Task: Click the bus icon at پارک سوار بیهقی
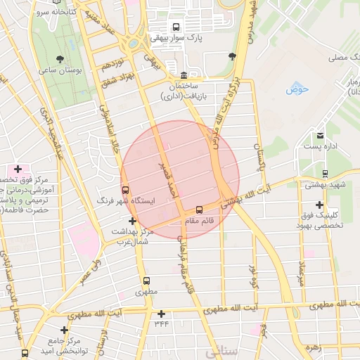coord(176,27)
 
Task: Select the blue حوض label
coord(297,89)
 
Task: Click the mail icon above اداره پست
coord(321,135)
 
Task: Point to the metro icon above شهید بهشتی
coord(325,173)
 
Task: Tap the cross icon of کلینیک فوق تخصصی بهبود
coord(320,204)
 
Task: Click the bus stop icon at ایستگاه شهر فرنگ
coord(126,190)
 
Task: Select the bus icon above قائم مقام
coord(200,210)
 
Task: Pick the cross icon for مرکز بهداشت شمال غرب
coord(132,221)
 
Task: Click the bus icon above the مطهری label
coord(146,281)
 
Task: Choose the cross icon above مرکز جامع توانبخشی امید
coord(65,329)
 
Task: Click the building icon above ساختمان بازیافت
coord(184,75)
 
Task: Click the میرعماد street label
coord(301,271)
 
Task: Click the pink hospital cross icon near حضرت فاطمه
coord(18,169)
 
